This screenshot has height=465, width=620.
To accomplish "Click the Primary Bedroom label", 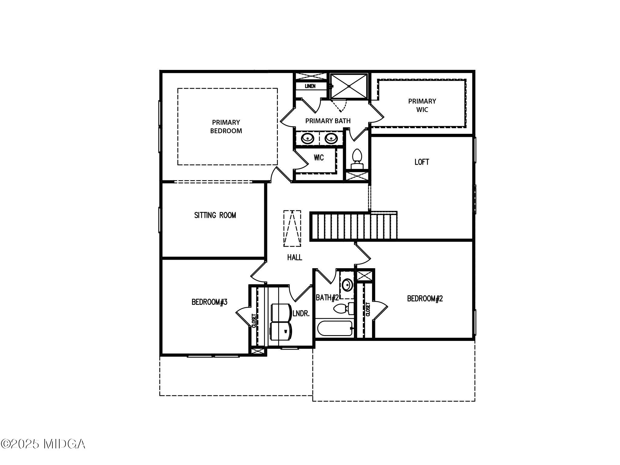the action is click(226, 127).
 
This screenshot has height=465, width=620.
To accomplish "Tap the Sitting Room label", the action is click(215, 215).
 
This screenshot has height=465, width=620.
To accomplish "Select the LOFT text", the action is click(422, 162).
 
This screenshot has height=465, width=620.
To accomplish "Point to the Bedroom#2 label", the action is click(425, 299).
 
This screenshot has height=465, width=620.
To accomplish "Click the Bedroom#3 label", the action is click(209, 302).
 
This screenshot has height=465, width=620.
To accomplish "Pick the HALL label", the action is click(295, 257).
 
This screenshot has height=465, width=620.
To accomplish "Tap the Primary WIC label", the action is click(422, 105).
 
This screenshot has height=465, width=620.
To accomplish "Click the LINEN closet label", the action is click(310, 86).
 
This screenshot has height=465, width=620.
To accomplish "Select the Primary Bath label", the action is click(328, 121).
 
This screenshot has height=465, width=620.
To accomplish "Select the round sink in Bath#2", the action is click(347, 285).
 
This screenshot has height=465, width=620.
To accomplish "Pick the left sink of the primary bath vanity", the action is click(308, 138).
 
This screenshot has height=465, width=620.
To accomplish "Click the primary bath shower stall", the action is click(349, 86).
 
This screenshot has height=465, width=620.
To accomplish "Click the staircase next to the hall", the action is click(353, 226).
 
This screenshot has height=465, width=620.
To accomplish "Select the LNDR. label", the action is click(301, 314).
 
